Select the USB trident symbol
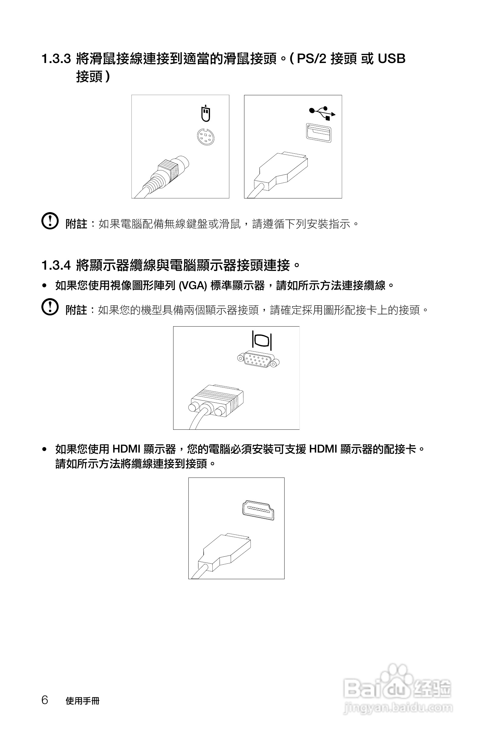tap(322, 113)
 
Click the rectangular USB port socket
tap(319, 132)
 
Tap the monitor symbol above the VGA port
tap(262, 340)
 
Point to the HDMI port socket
tap(258, 510)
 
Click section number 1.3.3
tap(56, 59)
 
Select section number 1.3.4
tap(56, 265)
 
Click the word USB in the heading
tap(391, 59)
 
